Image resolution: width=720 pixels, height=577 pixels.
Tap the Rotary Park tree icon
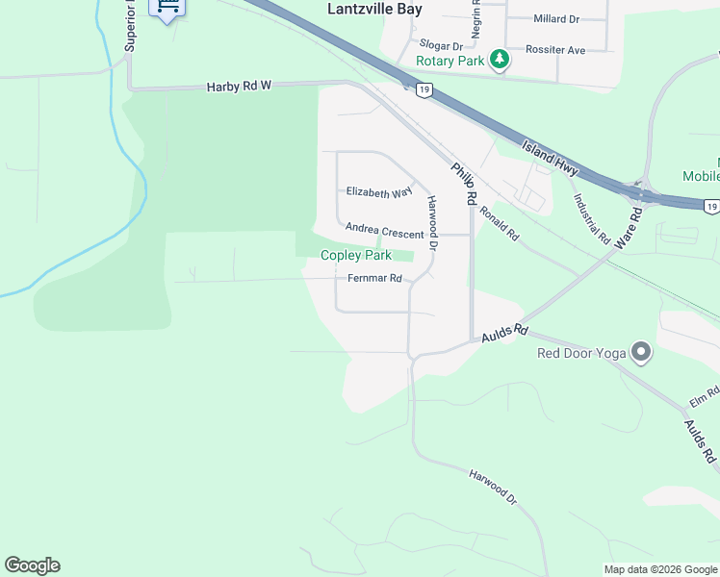pos(499,61)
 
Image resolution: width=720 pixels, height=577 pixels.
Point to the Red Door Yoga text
pos(581,353)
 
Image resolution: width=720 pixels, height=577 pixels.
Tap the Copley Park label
pos(356,256)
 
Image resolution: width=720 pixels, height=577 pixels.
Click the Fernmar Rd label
pos(374,279)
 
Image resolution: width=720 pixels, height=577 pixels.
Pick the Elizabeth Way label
pos(379,192)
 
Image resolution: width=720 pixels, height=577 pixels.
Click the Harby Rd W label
pos(240,87)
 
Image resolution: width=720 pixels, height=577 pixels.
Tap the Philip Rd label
pos(465,183)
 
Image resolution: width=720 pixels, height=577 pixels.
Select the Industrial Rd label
pos(592,217)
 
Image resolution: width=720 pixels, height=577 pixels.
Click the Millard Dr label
pos(556,19)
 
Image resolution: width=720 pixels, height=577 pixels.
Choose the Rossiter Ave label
pos(555,49)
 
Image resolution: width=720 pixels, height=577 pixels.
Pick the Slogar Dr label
pos(441,45)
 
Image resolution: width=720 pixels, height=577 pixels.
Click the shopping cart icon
pos(168,8)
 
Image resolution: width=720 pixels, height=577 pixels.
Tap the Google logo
pos(32,565)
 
